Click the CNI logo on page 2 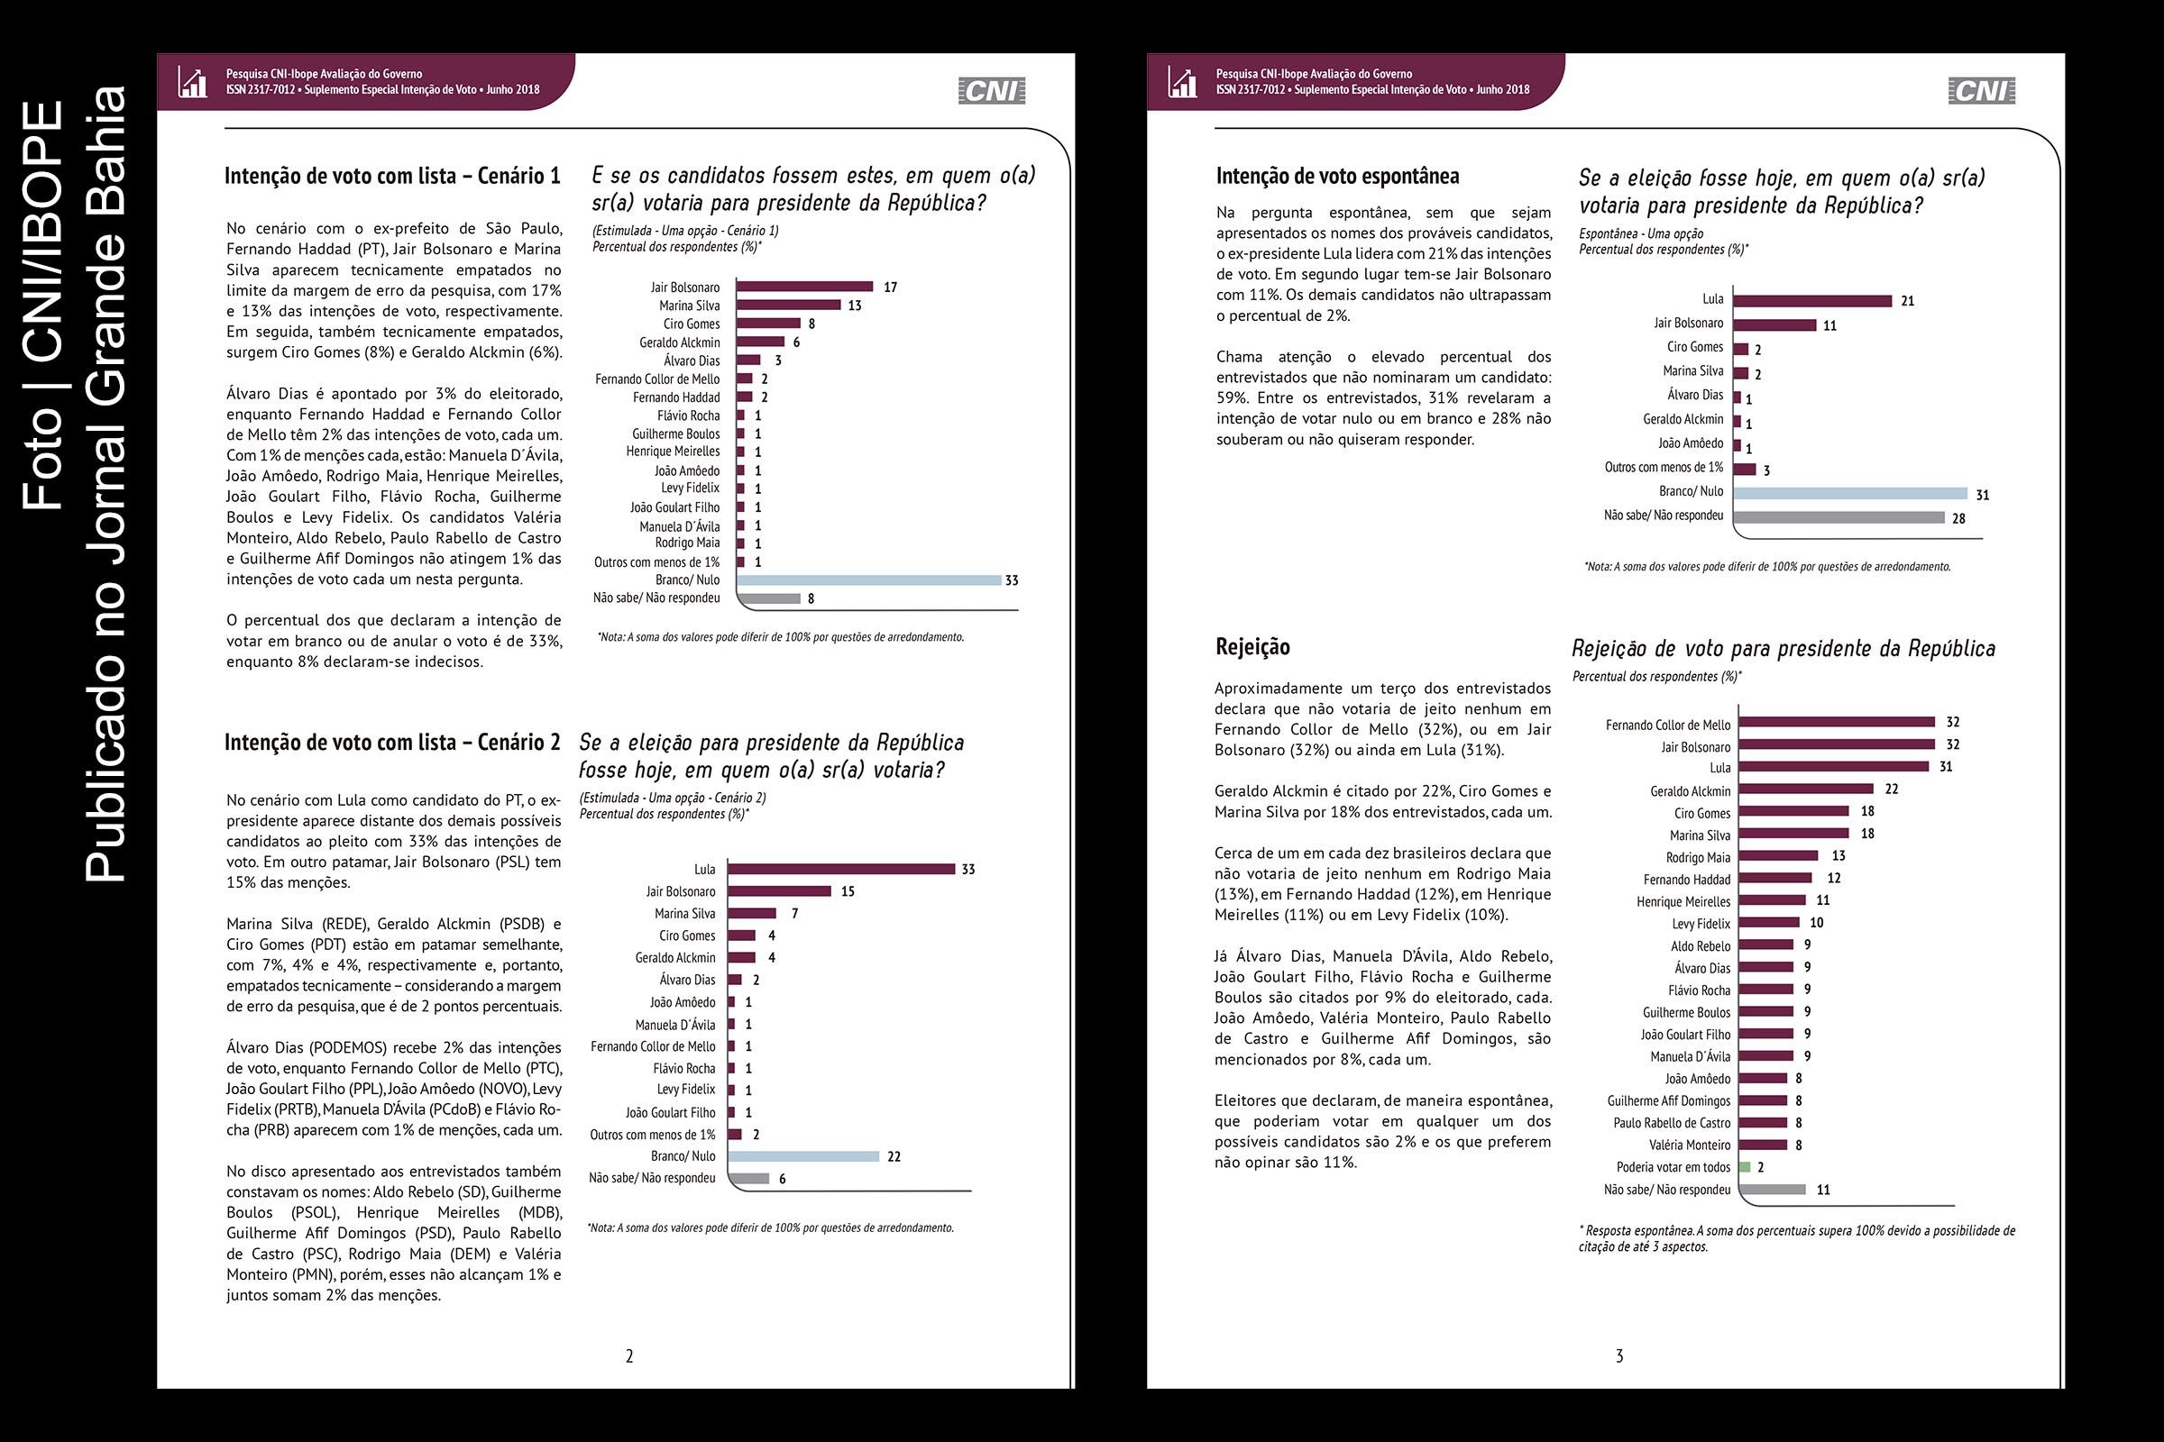point(991,90)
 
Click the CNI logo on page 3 point(1981,90)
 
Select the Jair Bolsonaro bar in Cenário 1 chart point(805,286)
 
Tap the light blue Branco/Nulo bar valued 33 point(868,580)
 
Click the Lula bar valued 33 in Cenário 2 point(841,869)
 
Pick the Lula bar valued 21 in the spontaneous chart point(1811,301)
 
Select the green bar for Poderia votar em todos point(1745,1167)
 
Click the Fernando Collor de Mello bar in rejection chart point(1837,722)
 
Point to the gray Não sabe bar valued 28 point(1838,517)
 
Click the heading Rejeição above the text point(1252,646)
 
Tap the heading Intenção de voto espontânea point(1337,176)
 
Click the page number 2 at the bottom point(629,1355)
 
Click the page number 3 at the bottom point(1619,1355)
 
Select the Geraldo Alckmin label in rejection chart point(1689,791)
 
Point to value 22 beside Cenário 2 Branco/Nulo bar point(894,1157)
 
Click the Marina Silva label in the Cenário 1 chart point(689,306)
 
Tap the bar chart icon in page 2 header point(192,82)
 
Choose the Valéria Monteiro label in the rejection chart point(1689,1145)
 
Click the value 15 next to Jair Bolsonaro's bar point(848,891)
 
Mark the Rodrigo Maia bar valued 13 point(1778,855)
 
